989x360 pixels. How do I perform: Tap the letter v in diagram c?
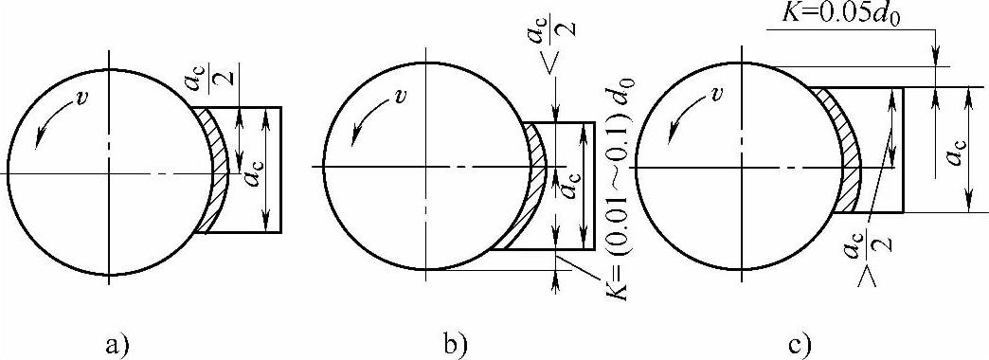[714, 97]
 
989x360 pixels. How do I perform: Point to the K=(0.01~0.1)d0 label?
[620, 229]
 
